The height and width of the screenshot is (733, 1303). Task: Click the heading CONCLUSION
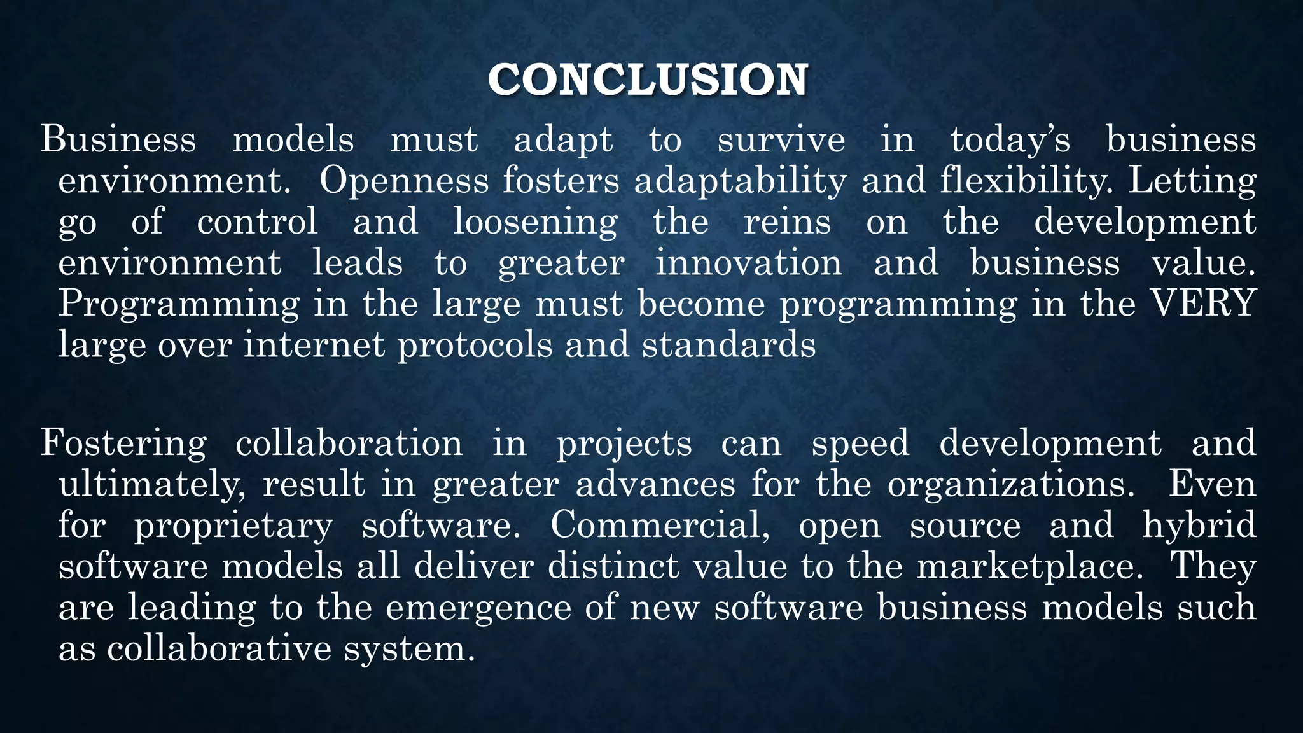[648, 80]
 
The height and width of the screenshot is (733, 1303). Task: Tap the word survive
[781, 140]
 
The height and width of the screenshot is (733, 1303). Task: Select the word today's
[1010, 140]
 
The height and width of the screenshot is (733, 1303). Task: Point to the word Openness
[403, 181]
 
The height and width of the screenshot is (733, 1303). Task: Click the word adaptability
[740, 182]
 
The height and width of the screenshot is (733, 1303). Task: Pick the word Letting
[1192, 182]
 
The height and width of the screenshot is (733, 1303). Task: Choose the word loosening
[535, 223]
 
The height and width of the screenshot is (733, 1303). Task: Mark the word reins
[787, 222]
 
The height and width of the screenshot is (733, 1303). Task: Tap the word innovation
[748, 263]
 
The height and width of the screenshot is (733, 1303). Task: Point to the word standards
[728, 345]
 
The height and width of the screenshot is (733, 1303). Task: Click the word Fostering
[123, 444]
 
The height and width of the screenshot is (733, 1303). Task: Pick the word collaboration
[349, 443]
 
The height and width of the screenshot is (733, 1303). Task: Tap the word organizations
[1011, 485]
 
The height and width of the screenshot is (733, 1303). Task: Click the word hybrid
[1199, 526]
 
